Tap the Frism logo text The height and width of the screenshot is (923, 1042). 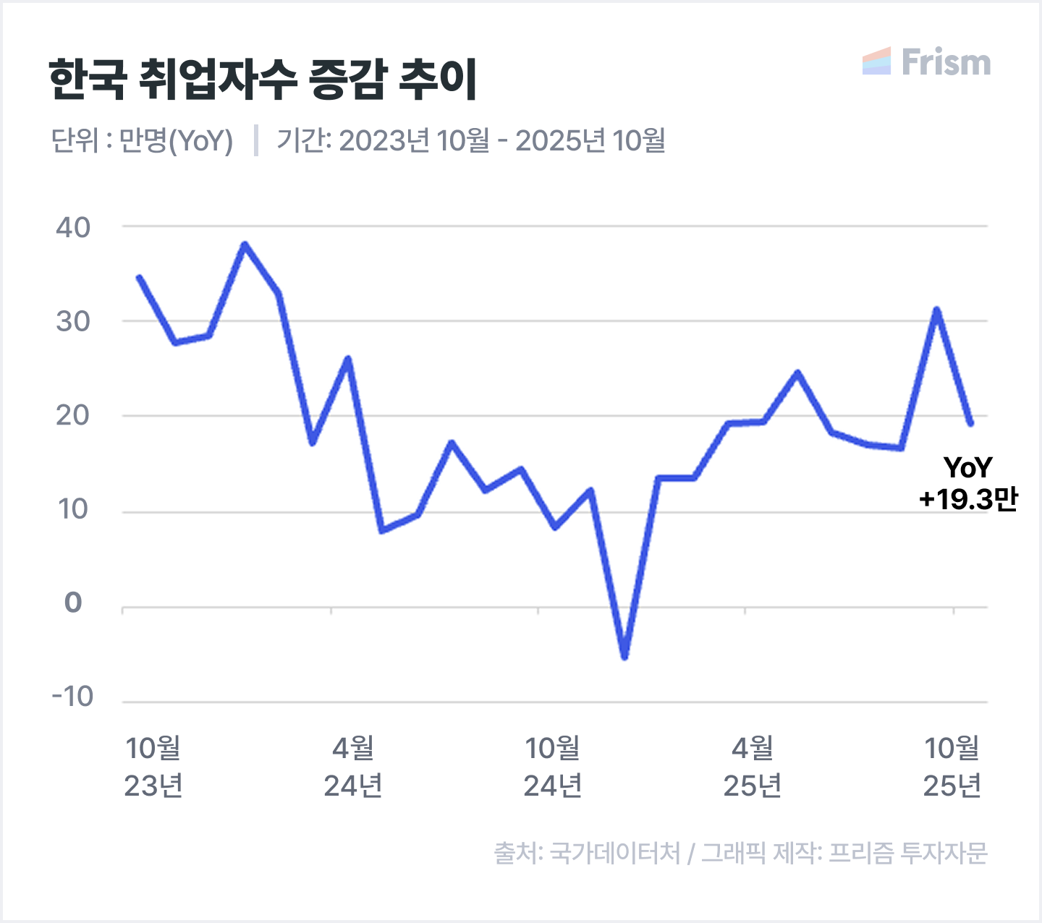pyautogui.click(x=945, y=62)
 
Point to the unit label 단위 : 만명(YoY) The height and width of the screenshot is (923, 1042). pyautogui.click(x=142, y=140)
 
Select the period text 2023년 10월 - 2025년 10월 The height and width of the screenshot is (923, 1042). pyautogui.click(x=501, y=140)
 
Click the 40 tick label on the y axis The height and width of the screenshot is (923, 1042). pyautogui.click(x=73, y=227)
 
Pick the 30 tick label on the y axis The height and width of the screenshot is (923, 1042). pyautogui.click(x=73, y=321)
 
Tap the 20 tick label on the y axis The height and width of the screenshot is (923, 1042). pyautogui.click(x=73, y=415)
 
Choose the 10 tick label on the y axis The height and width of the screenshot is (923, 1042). pyautogui.click(x=73, y=509)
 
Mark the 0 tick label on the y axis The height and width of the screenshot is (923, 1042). pyautogui.click(x=73, y=602)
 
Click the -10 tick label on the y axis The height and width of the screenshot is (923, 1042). pyautogui.click(x=73, y=697)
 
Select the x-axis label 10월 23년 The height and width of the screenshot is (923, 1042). pyautogui.click(x=153, y=766)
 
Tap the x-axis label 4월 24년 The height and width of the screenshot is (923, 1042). pyautogui.click(x=353, y=766)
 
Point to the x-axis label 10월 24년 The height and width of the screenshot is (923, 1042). pyautogui.click(x=553, y=766)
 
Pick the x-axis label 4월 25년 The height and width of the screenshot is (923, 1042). pyautogui.click(x=753, y=766)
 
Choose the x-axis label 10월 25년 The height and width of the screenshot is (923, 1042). pyautogui.click(x=952, y=766)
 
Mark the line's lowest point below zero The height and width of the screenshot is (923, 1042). pyautogui.click(x=624, y=656)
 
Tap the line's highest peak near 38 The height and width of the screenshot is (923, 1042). pyautogui.click(x=245, y=244)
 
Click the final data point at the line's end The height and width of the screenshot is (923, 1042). pyautogui.click(x=970, y=423)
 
